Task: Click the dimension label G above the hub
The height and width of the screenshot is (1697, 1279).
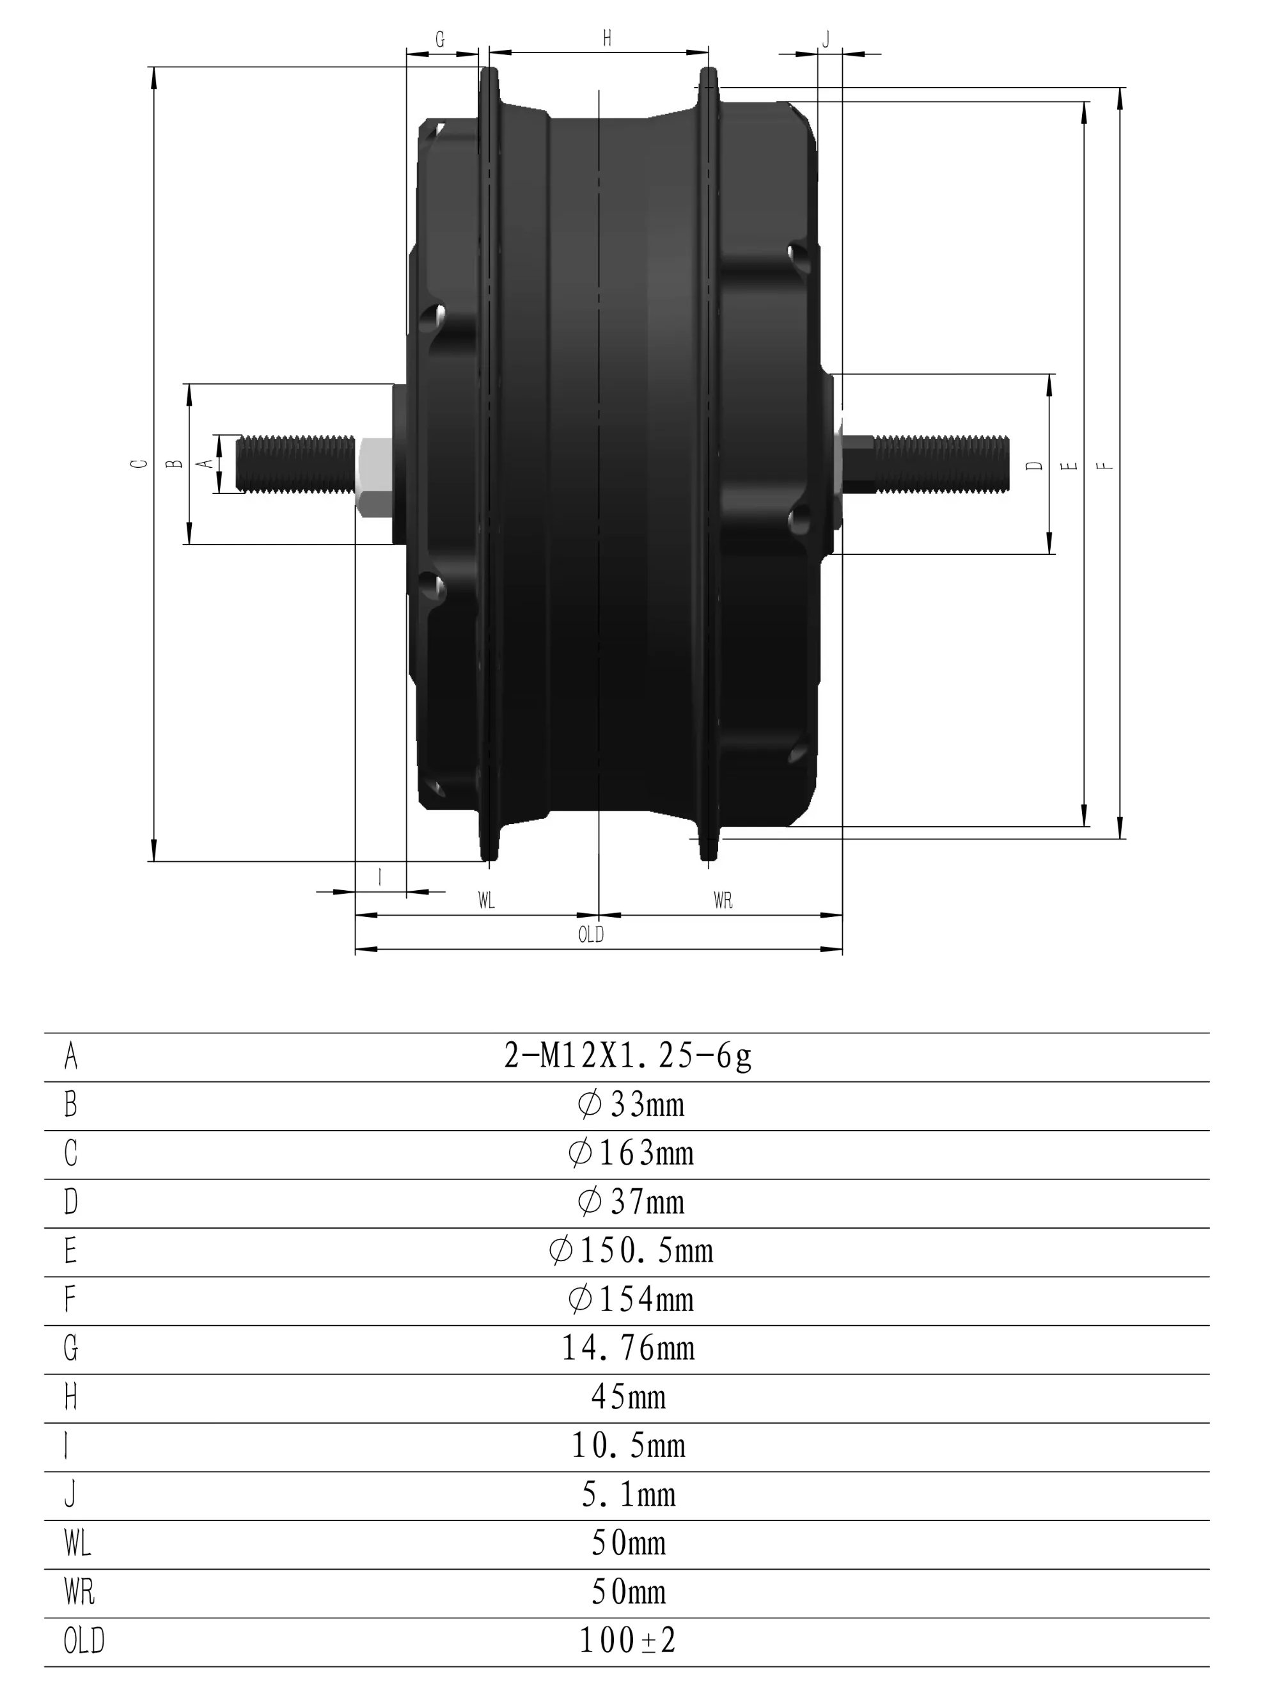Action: click(x=440, y=40)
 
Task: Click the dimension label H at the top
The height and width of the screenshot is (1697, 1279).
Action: click(x=606, y=38)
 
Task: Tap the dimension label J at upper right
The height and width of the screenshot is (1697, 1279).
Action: click(x=826, y=40)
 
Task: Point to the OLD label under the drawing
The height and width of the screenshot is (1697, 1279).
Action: click(x=590, y=934)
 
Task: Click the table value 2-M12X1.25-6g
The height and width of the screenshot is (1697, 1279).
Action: click(x=627, y=1056)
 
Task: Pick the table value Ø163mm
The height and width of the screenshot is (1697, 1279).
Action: click(x=631, y=1154)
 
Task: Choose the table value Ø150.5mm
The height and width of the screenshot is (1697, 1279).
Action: click(x=631, y=1251)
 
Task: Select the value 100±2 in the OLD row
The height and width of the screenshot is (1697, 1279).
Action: click(x=627, y=1641)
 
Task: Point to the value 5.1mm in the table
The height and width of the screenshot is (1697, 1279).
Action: click(x=628, y=1494)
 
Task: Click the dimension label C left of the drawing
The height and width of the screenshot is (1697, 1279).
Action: click(x=139, y=464)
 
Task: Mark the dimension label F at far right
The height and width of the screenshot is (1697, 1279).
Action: click(x=1106, y=466)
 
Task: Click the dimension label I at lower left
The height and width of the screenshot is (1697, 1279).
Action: click(x=380, y=877)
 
